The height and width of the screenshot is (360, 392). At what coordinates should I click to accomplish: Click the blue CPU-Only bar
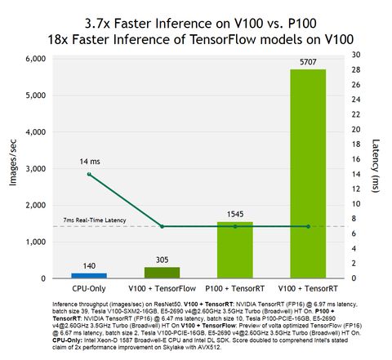(89, 275)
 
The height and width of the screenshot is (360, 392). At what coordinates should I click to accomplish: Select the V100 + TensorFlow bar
(162, 273)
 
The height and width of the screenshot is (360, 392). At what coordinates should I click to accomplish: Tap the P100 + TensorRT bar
(235, 250)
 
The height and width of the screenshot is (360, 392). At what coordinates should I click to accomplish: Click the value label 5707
(308, 61)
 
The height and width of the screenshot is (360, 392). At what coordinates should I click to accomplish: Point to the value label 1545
(235, 214)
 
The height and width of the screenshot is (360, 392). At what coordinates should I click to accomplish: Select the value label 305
(162, 260)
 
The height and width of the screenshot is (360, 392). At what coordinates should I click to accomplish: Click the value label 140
(89, 265)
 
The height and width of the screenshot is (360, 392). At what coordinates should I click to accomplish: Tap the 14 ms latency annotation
(90, 161)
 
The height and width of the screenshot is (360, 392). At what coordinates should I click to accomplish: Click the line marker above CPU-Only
(89, 174)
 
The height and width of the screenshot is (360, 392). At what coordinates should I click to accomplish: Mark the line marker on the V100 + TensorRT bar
(308, 226)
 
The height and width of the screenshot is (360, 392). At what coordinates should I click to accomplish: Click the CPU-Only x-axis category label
(89, 290)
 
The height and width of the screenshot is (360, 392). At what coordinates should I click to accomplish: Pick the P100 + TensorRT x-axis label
(235, 290)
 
